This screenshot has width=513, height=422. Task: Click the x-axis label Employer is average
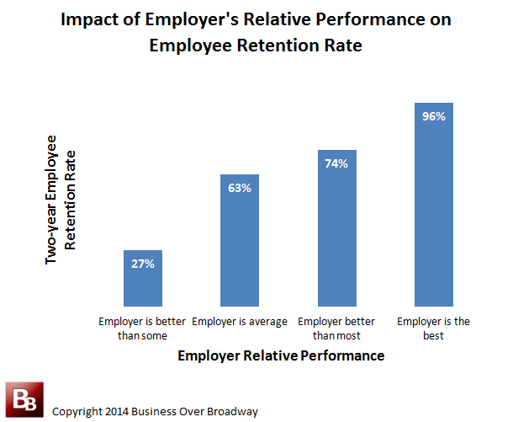coord(240,322)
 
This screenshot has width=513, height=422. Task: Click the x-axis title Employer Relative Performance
coord(281,356)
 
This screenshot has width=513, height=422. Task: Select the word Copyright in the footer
coord(77,411)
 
